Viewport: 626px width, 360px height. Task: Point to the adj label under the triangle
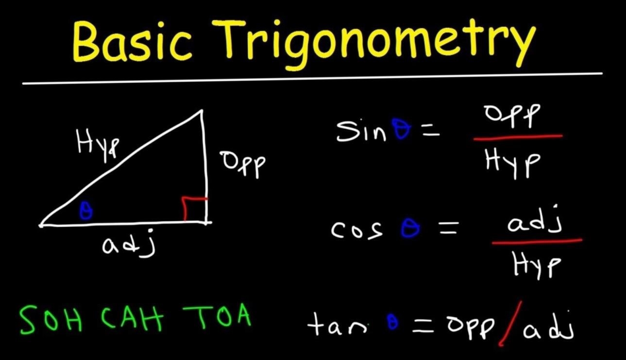click(x=128, y=243)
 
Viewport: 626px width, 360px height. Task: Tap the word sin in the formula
click(x=362, y=131)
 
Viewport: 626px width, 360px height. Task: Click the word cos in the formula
click(x=356, y=230)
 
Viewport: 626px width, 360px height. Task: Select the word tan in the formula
click(x=337, y=325)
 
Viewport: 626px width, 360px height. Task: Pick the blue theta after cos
click(x=410, y=228)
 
